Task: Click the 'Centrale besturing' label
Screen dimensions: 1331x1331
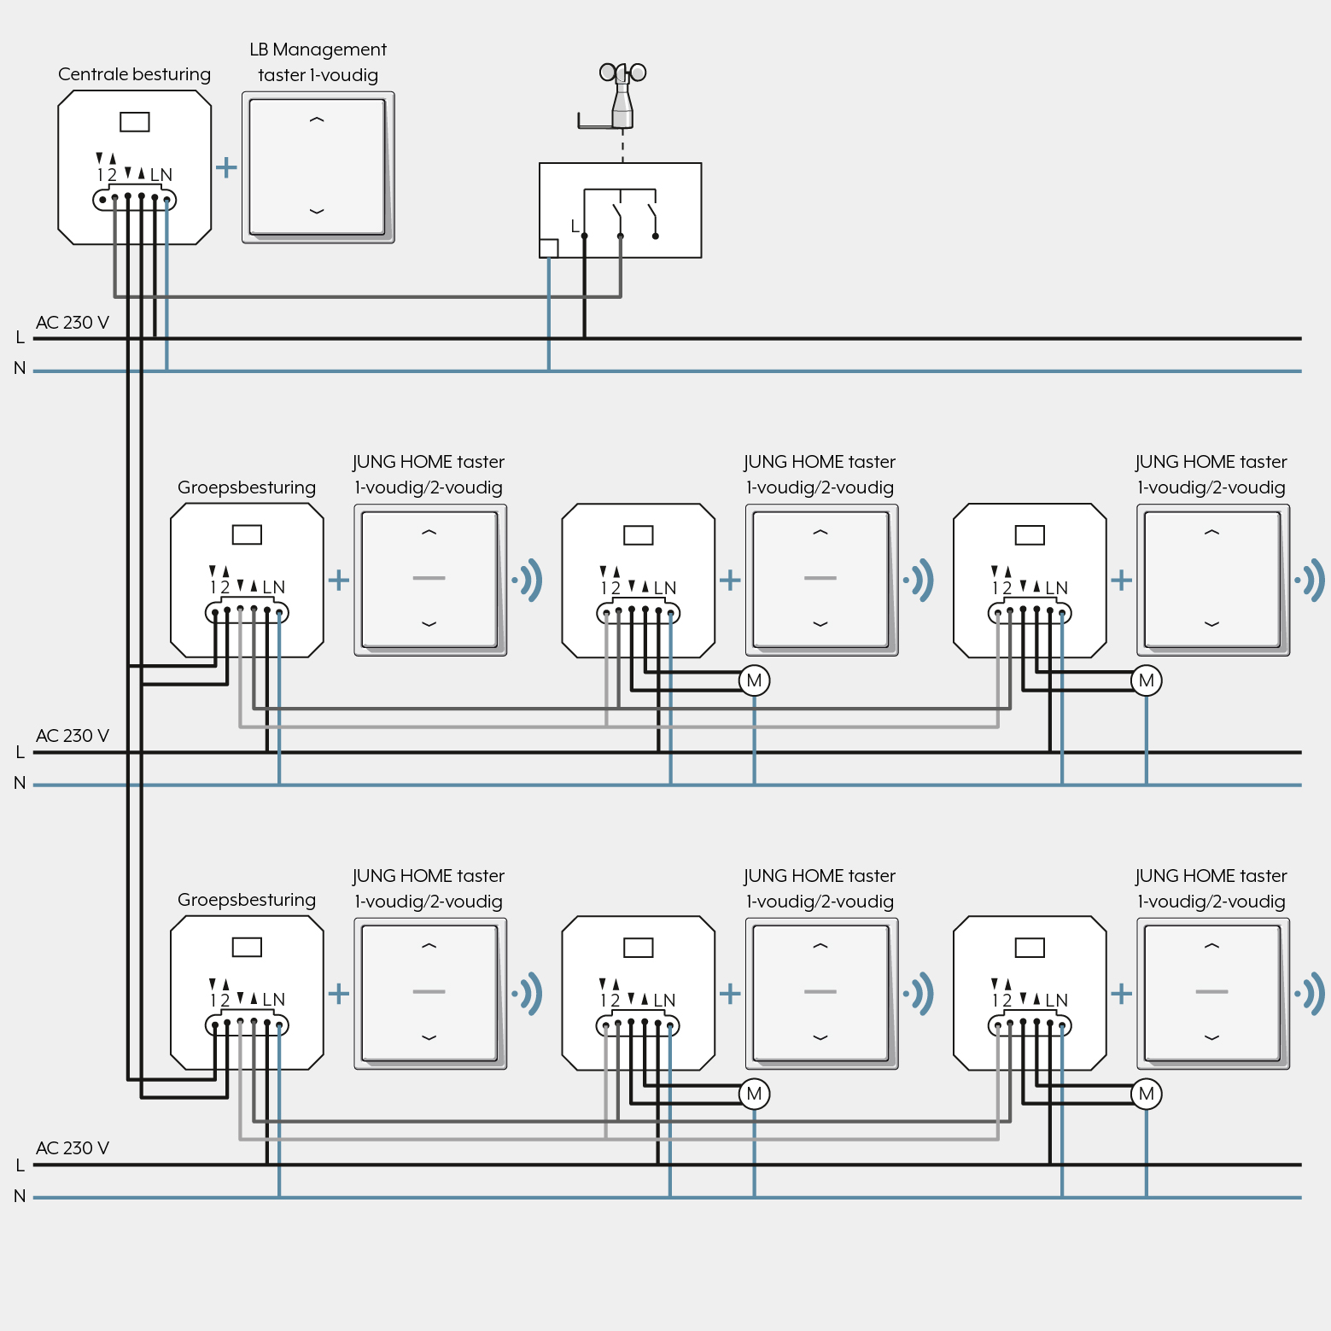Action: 134,74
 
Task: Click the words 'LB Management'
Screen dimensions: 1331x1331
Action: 318,50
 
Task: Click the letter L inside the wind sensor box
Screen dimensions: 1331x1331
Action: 575,226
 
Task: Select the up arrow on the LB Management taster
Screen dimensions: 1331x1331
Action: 317,120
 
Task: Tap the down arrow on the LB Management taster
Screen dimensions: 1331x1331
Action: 317,211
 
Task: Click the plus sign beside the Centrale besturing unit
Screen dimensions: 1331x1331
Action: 226,166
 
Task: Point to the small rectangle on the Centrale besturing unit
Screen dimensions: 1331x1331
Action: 135,122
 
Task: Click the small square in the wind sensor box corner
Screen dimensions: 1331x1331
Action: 549,248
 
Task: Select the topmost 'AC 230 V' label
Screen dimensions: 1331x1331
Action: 73,323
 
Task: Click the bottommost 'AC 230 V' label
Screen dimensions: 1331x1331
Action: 73,1148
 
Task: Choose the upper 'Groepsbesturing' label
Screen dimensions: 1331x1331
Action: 247,487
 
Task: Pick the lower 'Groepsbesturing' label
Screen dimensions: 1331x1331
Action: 247,900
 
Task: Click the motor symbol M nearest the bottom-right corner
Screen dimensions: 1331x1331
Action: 1147,1094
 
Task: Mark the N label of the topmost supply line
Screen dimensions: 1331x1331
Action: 20,368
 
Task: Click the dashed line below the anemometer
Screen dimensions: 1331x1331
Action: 622,145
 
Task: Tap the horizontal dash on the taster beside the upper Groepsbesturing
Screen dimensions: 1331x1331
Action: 429,578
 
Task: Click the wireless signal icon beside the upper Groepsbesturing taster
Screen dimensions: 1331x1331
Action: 528,581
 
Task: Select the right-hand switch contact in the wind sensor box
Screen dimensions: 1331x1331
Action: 653,220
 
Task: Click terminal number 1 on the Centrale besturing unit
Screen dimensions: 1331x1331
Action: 100,175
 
